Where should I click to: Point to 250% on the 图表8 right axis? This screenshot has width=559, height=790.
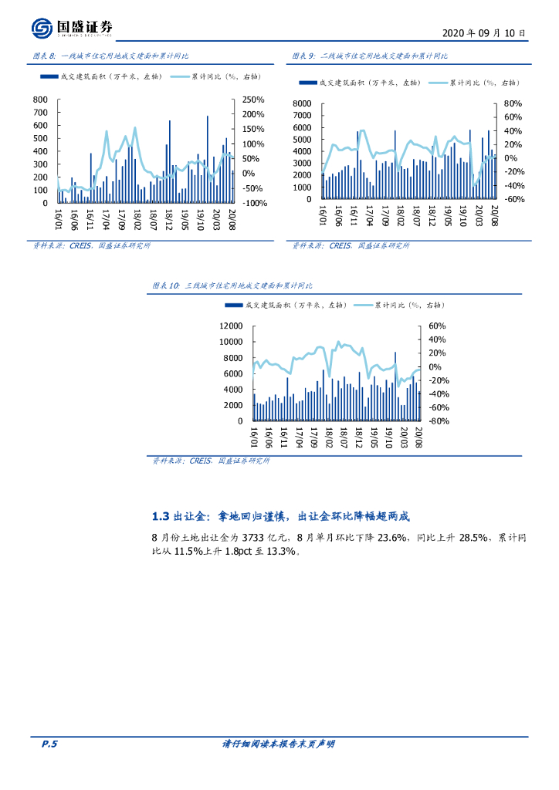(254, 100)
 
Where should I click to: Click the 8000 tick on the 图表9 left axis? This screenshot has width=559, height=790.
(302, 103)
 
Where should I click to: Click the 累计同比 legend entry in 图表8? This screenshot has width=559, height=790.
(215, 76)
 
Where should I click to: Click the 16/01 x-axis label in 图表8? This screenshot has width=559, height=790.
(58, 217)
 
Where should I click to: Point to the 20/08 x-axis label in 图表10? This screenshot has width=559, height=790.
(419, 434)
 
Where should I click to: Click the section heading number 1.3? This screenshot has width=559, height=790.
(160, 516)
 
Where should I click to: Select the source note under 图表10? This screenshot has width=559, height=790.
(212, 461)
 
